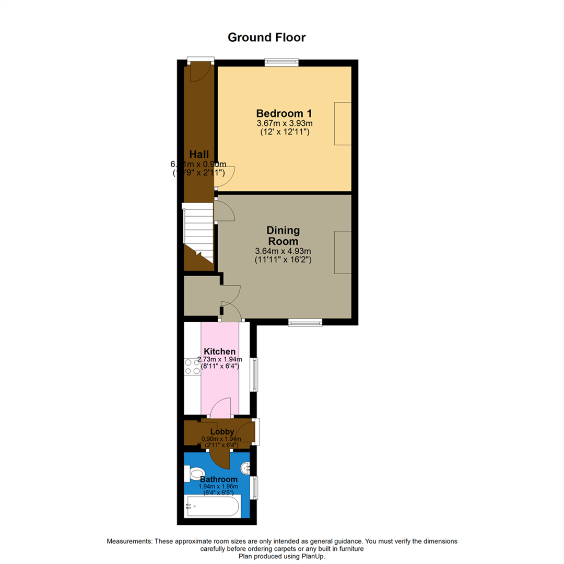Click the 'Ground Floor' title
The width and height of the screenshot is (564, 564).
(266, 38)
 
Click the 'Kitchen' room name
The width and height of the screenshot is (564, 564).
(219, 351)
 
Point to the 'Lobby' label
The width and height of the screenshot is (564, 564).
(222, 432)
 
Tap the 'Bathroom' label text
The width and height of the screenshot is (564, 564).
(219, 479)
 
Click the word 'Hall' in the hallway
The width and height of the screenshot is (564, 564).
(199, 154)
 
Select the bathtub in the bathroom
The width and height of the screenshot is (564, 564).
(213, 507)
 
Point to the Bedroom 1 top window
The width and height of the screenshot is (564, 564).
(281, 62)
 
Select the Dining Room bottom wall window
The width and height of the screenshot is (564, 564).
(305, 323)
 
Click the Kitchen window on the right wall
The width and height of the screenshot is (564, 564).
(254, 374)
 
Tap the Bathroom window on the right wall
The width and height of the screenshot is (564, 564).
(254, 487)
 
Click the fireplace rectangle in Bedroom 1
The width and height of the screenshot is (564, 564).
(343, 124)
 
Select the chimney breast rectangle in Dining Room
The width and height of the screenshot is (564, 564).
(343, 252)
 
